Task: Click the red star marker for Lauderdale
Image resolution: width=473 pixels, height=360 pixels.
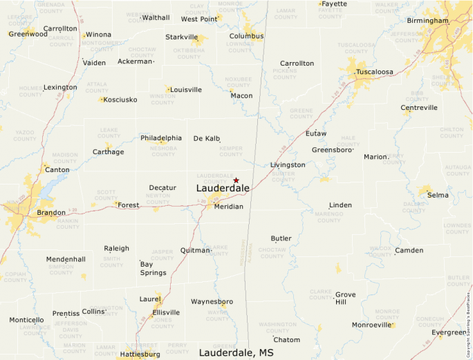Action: point(236,180)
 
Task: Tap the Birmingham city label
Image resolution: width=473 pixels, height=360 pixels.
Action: point(427,21)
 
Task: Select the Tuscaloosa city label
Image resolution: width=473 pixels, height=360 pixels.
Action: point(374,72)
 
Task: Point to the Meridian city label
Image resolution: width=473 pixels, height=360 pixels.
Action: point(228,207)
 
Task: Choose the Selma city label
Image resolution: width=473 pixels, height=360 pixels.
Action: point(438,196)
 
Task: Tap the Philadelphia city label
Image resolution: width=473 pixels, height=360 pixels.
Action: point(161,138)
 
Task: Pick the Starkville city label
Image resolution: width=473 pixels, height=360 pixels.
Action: point(181,37)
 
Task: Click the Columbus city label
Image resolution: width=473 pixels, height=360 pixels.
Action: point(246,36)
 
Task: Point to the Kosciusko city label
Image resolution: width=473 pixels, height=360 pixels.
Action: point(119,100)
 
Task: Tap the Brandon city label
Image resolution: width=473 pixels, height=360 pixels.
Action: point(51,213)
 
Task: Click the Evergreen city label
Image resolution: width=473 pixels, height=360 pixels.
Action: point(449,333)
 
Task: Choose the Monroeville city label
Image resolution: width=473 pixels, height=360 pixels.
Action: point(372,325)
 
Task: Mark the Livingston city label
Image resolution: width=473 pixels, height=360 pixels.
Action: point(288,165)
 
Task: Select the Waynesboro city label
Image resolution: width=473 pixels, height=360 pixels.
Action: point(212,302)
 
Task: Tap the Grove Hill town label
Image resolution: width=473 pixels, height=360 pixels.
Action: point(346,299)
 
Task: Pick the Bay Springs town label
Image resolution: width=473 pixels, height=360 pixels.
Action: point(153,268)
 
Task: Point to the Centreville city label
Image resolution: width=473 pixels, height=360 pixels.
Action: point(419,108)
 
